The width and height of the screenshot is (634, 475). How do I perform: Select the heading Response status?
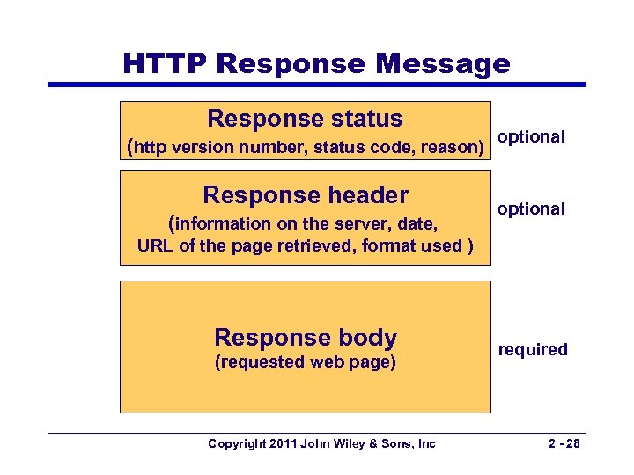(x=305, y=119)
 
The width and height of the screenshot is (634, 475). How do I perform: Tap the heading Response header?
(x=305, y=194)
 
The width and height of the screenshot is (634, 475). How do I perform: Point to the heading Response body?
(x=305, y=337)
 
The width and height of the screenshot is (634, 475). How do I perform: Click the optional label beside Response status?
(x=531, y=137)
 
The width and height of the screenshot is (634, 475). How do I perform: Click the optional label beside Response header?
(x=531, y=208)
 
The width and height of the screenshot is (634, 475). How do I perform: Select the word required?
(x=533, y=349)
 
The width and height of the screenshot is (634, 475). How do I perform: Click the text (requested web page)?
(x=305, y=362)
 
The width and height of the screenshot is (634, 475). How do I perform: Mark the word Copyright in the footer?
(x=237, y=444)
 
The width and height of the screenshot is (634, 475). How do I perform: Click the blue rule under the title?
(x=317, y=84)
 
